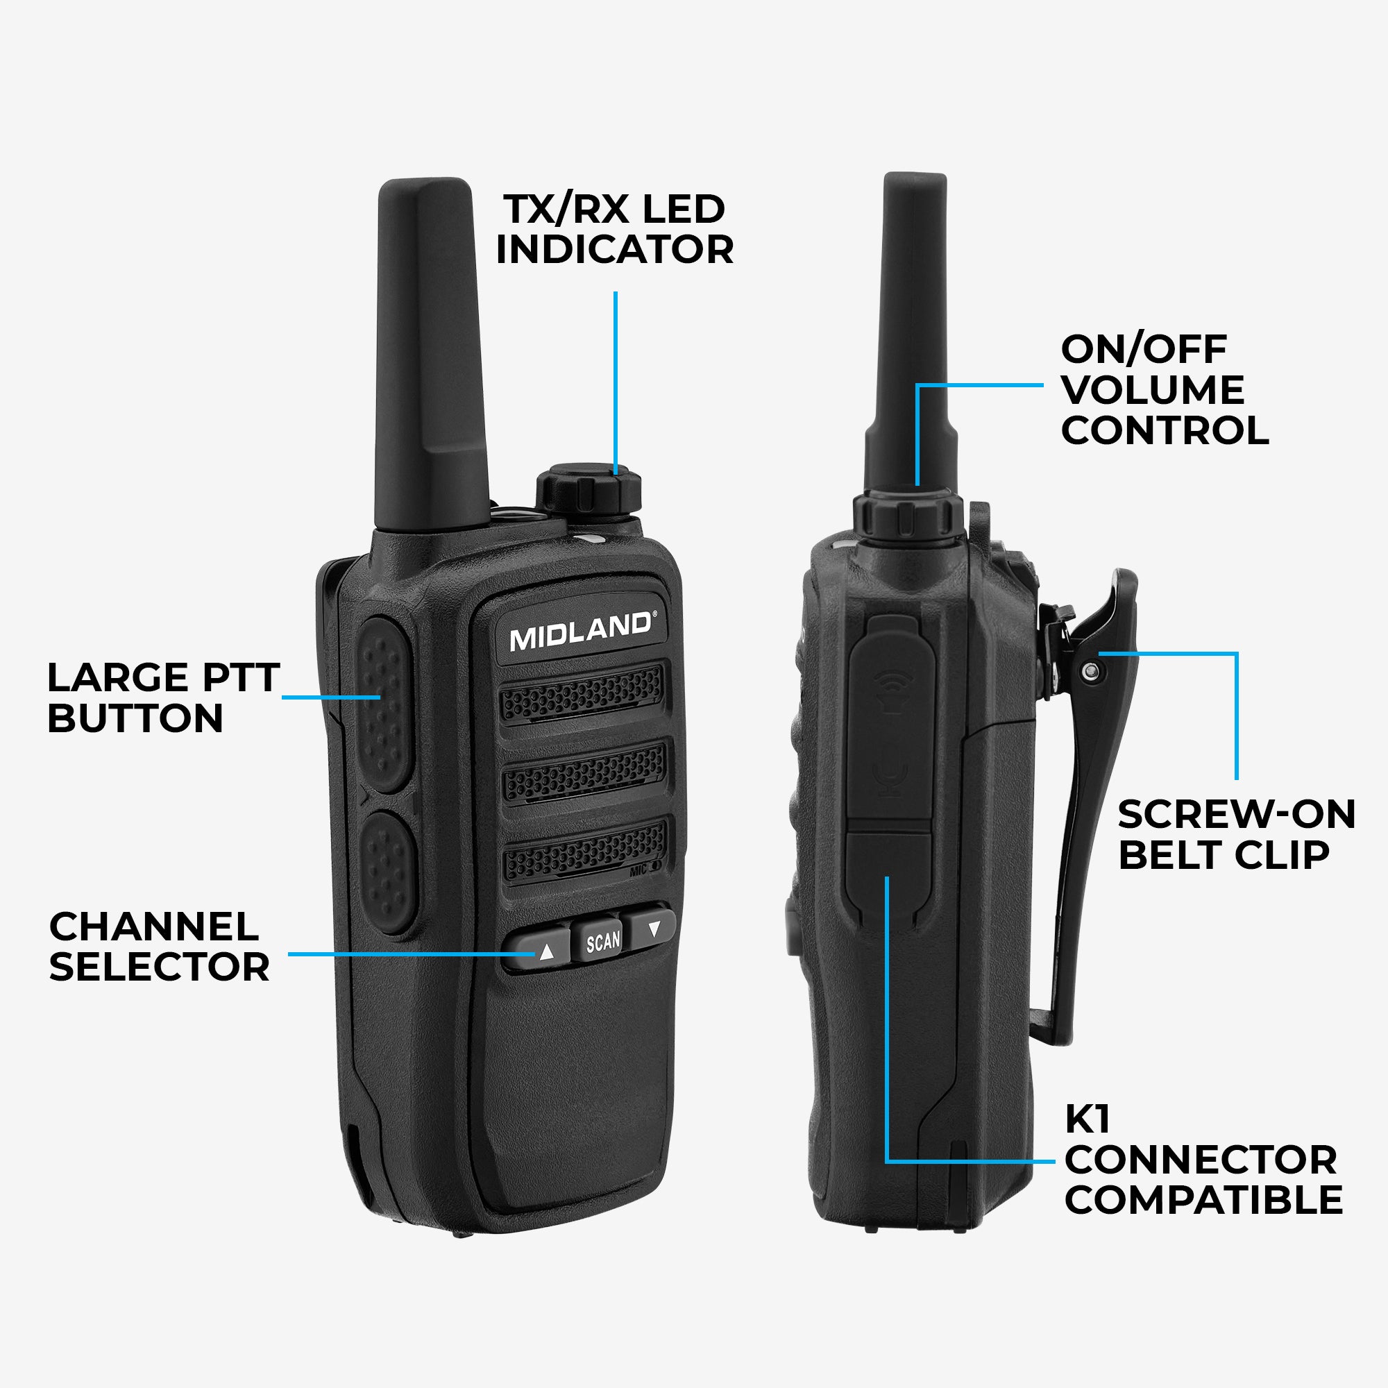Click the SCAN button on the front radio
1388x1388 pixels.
click(602, 941)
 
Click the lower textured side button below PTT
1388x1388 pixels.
click(388, 872)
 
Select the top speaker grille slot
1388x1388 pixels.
click(582, 693)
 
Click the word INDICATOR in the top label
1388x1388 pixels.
click(614, 249)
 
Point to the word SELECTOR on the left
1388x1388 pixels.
click(159, 967)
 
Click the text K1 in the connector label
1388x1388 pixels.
click(1087, 1119)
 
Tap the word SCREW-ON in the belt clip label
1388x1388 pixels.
click(1236, 814)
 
